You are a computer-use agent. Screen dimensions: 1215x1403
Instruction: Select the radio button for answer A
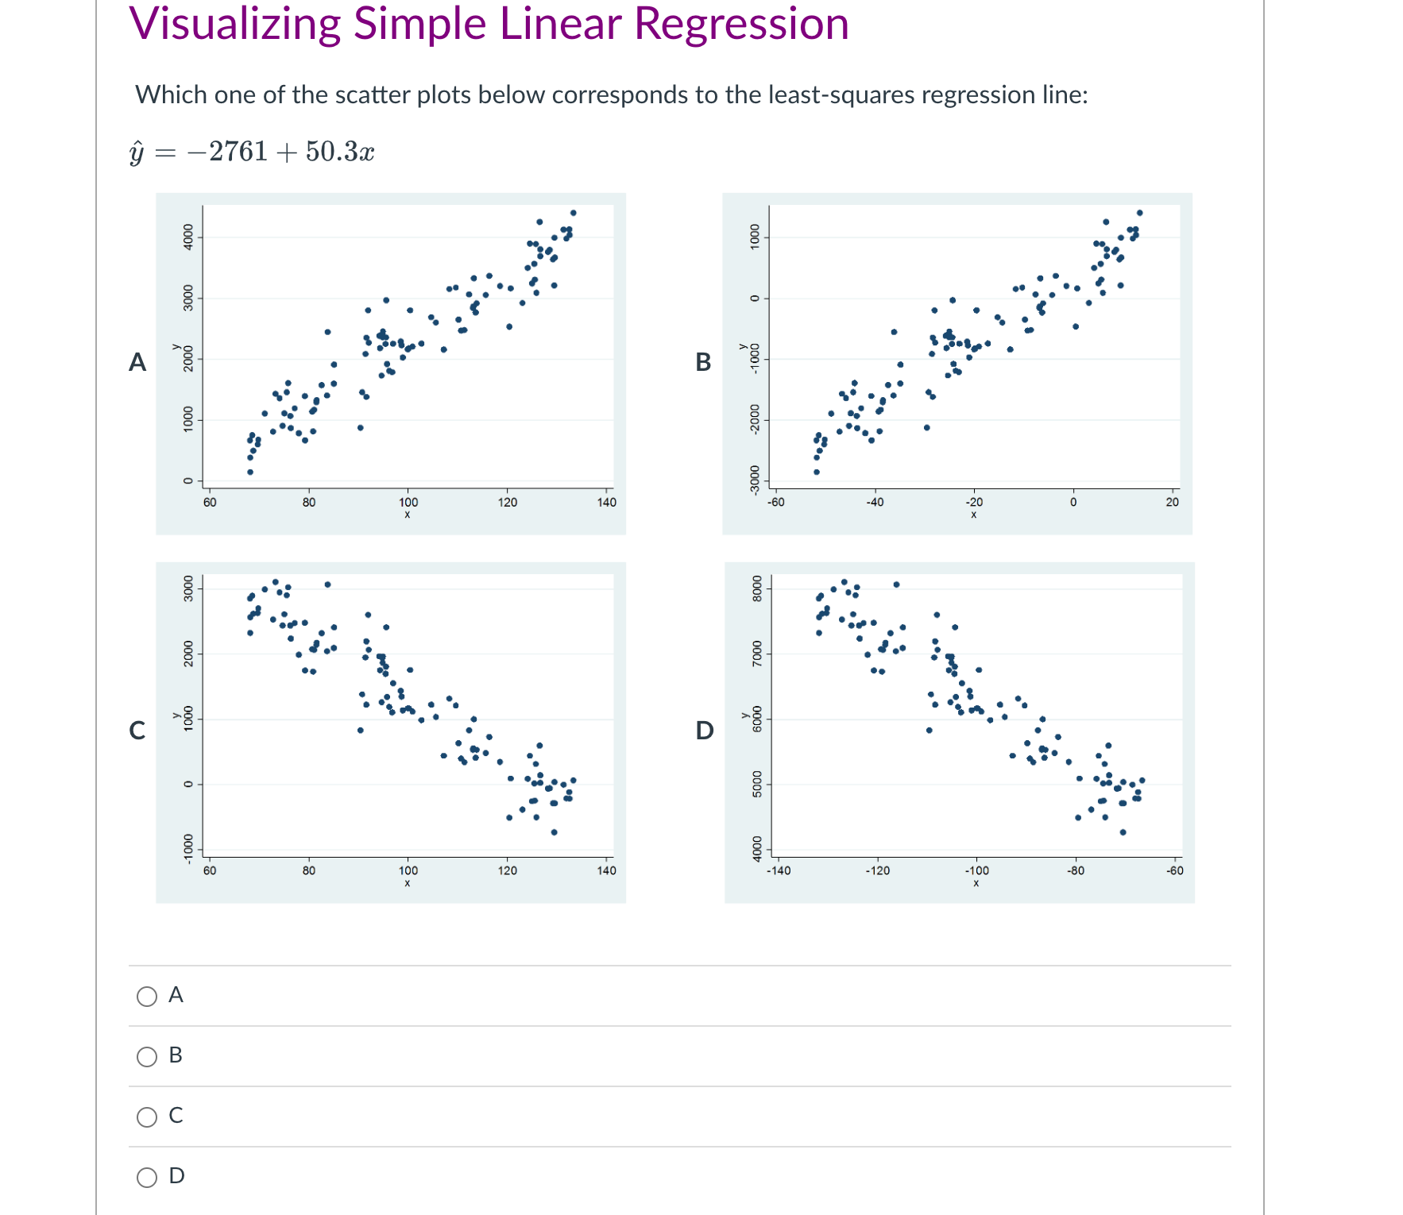(x=147, y=997)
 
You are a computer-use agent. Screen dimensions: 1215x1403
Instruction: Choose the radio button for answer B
(x=147, y=1057)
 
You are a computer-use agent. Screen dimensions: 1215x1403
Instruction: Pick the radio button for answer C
(x=147, y=1117)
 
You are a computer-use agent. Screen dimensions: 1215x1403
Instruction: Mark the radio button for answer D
(x=147, y=1177)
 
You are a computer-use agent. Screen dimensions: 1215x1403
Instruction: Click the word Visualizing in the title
(x=235, y=24)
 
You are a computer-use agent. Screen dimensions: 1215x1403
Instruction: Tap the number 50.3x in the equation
(x=339, y=151)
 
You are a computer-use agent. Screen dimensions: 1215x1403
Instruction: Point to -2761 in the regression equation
(x=227, y=151)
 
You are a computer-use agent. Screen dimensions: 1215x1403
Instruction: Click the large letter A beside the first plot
(x=137, y=362)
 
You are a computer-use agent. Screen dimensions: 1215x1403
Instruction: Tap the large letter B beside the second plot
(x=703, y=362)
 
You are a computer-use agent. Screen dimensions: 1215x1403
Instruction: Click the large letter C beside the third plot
(x=137, y=731)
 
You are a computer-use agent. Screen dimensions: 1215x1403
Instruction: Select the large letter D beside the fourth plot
(x=705, y=731)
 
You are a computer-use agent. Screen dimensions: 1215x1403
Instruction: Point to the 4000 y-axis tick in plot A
(x=188, y=237)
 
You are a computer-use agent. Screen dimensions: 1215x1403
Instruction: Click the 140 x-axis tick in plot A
(x=606, y=502)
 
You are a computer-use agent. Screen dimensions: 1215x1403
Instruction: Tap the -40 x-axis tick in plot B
(x=874, y=502)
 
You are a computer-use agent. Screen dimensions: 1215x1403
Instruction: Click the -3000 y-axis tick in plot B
(x=756, y=480)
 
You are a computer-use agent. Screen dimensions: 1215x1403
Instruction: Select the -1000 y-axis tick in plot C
(x=188, y=847)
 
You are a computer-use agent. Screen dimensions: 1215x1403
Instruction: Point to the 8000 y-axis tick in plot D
(x=757, y=589)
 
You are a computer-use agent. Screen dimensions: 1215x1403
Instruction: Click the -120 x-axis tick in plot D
(x=877, y=870)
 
